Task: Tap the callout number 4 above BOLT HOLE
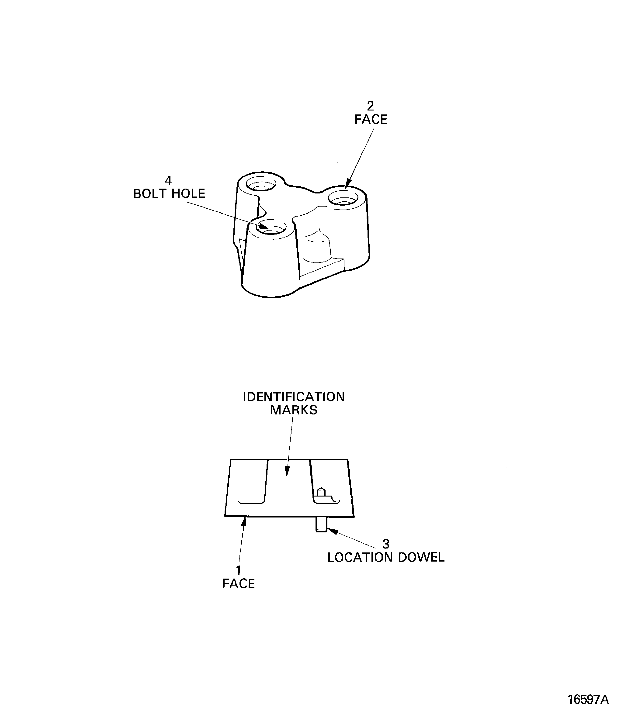168,180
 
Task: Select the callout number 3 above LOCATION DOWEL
386,544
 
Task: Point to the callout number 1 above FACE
238,570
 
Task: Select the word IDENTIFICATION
294,397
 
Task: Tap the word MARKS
294,410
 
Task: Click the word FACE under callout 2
371,120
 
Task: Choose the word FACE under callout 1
238,584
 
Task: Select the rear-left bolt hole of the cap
261,184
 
